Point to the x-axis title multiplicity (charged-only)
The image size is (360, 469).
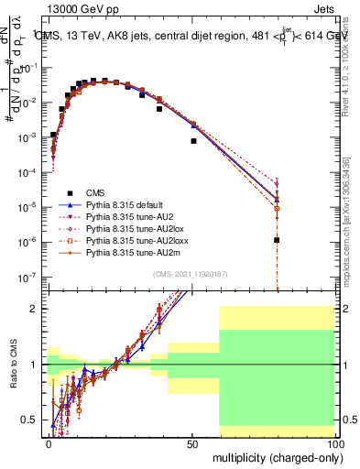[x=274, y=455]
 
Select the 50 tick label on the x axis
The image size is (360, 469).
[x=192, y=442]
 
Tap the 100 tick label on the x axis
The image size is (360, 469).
[x=334, y=442]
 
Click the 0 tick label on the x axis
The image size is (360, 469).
[x=49, y=442]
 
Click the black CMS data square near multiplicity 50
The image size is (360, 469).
[x=193, y=141]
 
